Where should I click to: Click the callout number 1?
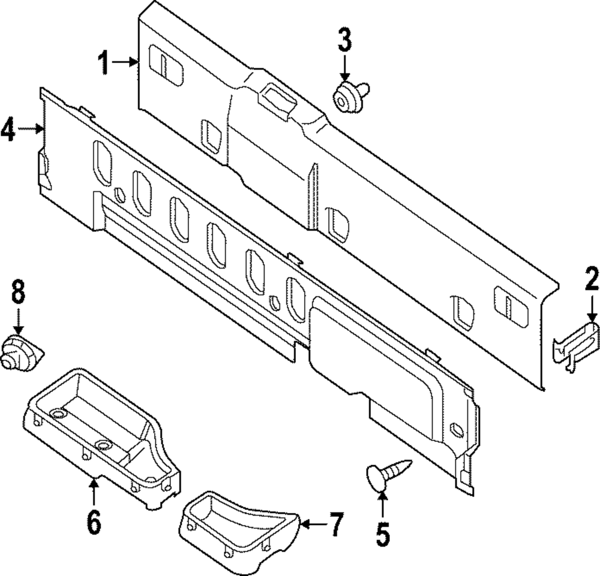coord(106,62)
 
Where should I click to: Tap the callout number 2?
coord(592,279)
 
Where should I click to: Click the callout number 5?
coord(383,533)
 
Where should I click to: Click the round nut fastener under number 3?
coord(347,97)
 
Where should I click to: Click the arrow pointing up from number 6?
coord(94,488)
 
